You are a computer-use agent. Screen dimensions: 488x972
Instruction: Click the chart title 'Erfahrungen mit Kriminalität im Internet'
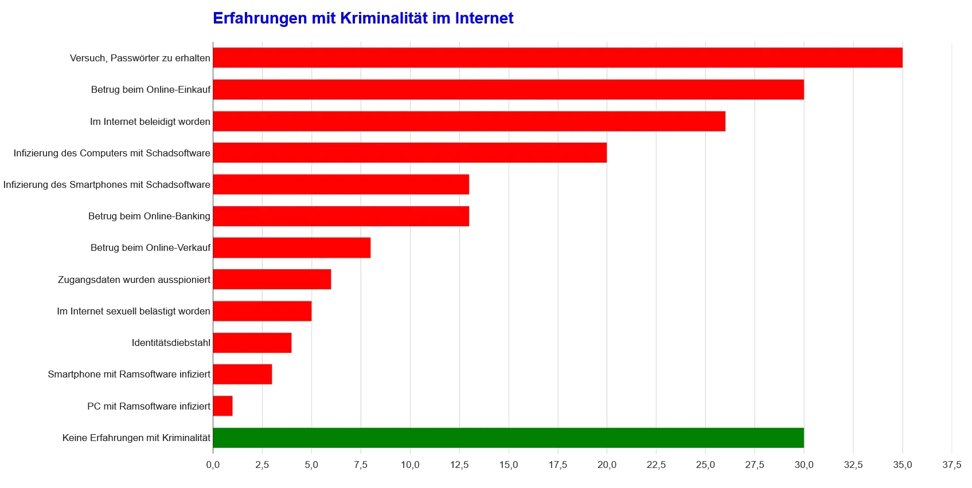pos(362,18)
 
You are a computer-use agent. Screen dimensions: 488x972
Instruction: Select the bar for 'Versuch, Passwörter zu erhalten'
pos(557,58)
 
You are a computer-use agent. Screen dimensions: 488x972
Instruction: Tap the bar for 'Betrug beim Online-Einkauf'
pos(508,89)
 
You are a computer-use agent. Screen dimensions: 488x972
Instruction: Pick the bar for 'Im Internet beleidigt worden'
pos(469,121)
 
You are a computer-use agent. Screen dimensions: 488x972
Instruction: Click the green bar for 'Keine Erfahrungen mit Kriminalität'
pos(508,438)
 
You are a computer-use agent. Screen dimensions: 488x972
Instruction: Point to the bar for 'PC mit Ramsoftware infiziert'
pos(222,406)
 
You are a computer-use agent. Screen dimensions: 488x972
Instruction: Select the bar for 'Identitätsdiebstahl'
pos(252,343)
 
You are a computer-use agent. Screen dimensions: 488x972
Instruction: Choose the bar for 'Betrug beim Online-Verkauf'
pos(291,247)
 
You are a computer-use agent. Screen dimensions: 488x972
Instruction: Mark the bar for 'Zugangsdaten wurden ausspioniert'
pos(272,280)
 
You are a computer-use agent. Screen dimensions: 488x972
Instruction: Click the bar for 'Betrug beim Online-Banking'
pos(341,216)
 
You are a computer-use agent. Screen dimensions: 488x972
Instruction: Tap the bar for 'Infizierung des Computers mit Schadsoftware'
pos(409,153)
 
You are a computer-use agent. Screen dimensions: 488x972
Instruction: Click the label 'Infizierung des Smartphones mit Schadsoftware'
pos(107,184)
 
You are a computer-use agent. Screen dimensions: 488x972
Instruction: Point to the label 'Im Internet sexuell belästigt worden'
pos(134,311)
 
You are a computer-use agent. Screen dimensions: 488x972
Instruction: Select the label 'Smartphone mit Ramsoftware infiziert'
pos(129,374)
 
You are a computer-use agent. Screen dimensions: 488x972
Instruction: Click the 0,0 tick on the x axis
pos(213,465)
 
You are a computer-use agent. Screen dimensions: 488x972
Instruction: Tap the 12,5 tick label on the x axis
pos(459,465)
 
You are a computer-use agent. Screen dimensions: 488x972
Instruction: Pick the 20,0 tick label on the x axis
pos(607,465)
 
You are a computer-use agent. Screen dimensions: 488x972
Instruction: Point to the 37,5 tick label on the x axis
pos(952,465)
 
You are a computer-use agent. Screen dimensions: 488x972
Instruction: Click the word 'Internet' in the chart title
pos(484,18)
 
